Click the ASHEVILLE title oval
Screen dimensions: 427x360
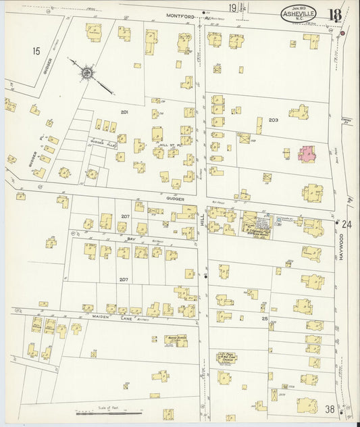299,14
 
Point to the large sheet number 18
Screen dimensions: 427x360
335,14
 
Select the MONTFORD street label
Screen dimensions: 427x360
180,15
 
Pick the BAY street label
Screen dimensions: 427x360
132,238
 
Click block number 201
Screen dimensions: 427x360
124,111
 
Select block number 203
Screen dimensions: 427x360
273,120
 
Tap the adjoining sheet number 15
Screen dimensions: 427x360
36,50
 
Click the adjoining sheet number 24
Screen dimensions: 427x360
347,224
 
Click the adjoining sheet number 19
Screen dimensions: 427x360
232,8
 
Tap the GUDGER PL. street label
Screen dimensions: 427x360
32,159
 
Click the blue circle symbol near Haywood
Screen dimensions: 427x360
279,218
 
